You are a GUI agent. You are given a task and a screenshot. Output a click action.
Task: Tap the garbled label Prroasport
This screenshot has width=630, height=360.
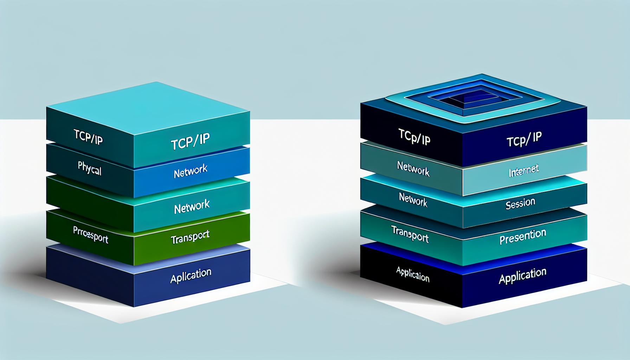point(91,235)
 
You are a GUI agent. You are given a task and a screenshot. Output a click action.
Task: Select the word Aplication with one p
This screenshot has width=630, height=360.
point(191,276)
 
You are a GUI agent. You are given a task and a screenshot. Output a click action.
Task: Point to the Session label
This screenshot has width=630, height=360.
point(520,204)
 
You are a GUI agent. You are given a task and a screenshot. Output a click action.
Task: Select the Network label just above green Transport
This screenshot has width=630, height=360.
point(192,206)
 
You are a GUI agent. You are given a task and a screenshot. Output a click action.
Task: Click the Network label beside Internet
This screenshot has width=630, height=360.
point(413,168)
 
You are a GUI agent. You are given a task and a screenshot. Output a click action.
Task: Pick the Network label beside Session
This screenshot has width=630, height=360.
point(413,200)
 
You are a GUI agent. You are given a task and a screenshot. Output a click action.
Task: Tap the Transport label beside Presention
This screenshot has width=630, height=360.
point(410,234)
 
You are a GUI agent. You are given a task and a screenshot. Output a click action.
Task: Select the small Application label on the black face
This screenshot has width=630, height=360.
point(413,274)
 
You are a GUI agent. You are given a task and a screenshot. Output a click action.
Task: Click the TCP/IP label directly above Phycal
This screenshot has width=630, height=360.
point(88,137)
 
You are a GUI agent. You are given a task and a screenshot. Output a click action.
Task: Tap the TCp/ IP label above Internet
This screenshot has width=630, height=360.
point(524,139)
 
